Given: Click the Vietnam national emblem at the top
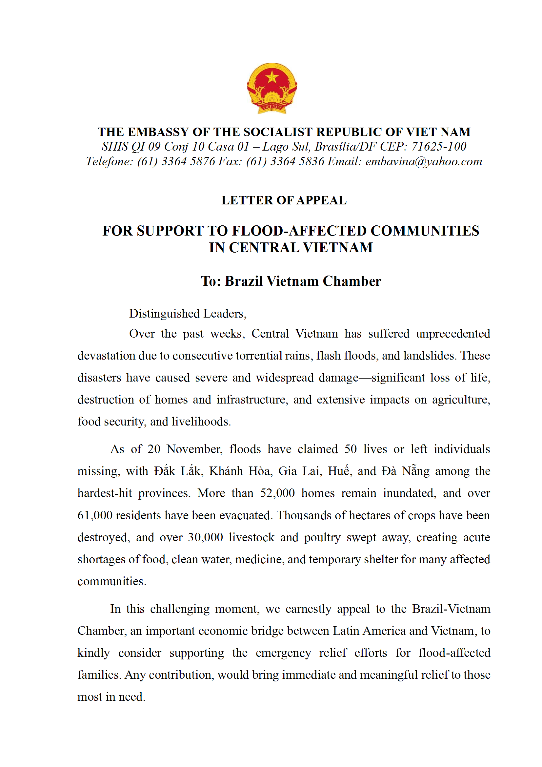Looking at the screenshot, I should (272, 88).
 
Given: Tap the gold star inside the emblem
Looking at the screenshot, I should (272, 77).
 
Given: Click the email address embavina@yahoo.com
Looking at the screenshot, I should (423, 162).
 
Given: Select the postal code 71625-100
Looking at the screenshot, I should (438, 147).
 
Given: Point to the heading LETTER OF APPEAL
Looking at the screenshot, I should (284, 200).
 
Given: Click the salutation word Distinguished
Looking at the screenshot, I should (164, 314).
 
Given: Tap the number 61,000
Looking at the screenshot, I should (95, 515).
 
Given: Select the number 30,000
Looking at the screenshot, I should (205, 537).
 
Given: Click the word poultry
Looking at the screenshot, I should (322, 537).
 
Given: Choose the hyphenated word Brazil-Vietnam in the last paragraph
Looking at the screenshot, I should (451, 609).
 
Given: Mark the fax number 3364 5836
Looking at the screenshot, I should (297, 162).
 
